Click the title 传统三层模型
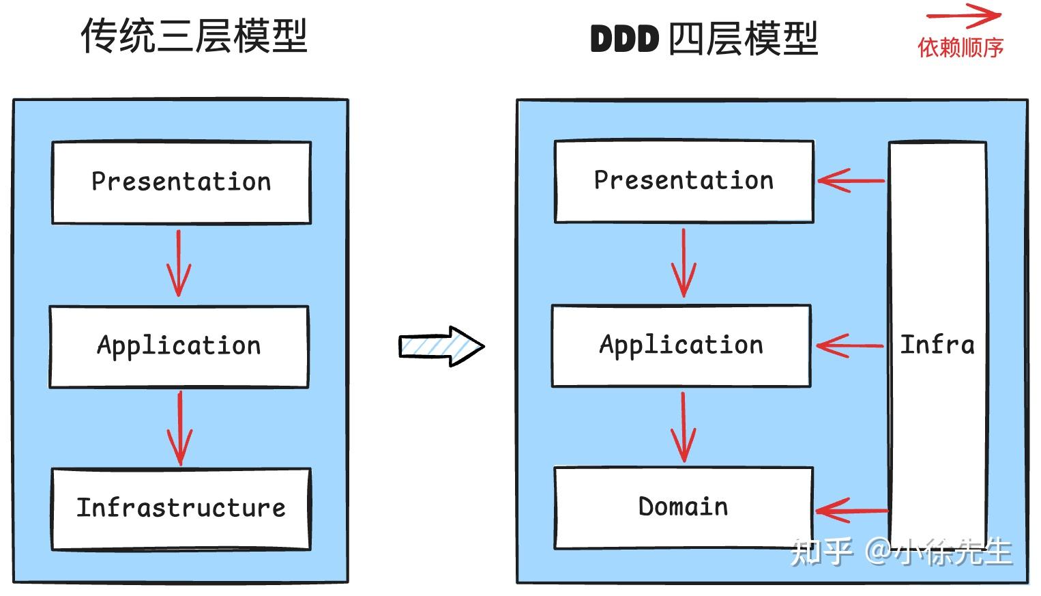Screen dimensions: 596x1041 click(194, 36)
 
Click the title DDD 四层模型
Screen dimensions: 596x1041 click(703, 39)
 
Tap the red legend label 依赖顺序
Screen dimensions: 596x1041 click(961, 48)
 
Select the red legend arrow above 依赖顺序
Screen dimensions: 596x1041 click(963, 16)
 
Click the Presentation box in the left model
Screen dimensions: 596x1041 click(181, 182)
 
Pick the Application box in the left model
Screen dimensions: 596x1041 click(179, 346)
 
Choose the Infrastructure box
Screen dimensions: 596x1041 click(181, 509)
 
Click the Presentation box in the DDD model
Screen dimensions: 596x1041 click(684, 181)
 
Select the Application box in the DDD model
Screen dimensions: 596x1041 click(681, 345)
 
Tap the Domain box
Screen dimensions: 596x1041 click(684, 507)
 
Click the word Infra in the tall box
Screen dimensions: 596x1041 click(937, 345)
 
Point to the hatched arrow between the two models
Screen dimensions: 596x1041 click(441, 346)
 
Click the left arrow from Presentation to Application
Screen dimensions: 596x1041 click(179, 264)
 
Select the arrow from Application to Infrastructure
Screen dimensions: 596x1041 click(180, 428)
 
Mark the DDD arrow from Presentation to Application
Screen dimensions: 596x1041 click(684, 263)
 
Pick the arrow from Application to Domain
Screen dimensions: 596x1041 click(684, 427)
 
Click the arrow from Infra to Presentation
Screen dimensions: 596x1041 click(851, 181)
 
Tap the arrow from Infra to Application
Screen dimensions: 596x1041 click(849, 346)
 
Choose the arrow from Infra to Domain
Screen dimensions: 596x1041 click(851, 510)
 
